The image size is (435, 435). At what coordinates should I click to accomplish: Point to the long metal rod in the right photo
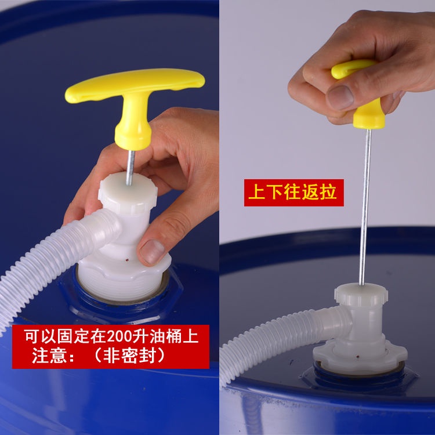[x=365, y=206]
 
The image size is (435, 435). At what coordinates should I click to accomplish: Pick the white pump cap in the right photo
[x=361, y=295]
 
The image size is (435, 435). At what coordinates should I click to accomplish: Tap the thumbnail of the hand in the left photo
[x=153, y=252]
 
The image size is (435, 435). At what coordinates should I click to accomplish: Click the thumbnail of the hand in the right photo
[x=340, y=97]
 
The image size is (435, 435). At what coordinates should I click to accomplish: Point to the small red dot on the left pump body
[x=128, y=260]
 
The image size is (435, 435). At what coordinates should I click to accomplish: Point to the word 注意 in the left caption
[x=49, y=356]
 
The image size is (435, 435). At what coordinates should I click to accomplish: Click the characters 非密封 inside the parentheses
[x=129, y=356]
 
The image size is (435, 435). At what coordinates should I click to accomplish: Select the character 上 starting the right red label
[x=257, y=192]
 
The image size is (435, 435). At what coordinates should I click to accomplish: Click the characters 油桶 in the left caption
[x=166, y=336]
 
